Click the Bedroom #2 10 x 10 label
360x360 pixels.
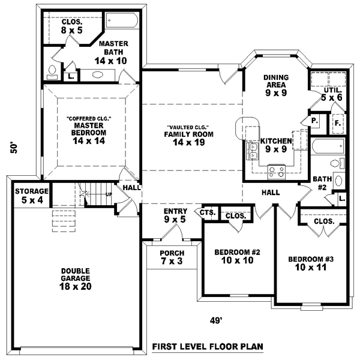coord(237,256)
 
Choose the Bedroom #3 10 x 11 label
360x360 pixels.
coord(310,263)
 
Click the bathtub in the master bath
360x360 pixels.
coord(124,20)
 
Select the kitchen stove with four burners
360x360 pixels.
coord(276,170)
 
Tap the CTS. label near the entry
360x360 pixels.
coord(208,212)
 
